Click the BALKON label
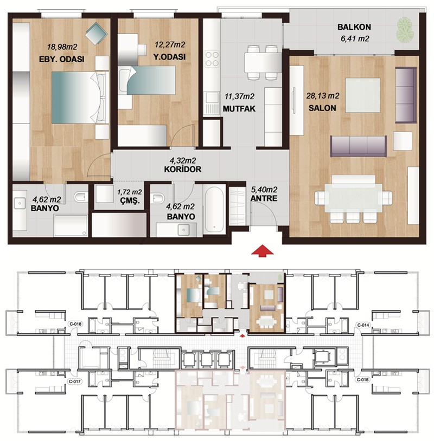coord(354,27)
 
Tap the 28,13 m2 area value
coord(323,96)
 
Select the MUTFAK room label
coord(239,108)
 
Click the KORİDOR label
coord(183,170)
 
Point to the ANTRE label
coord(264,198)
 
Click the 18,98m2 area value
coord(62,47)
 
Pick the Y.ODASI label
coord(170,57)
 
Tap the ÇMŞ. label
coord(130,201)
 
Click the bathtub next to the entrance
coord(214,209)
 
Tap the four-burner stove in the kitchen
coord(212,59)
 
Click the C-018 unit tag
coord(75,324)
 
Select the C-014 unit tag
coord(363,325)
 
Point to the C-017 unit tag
coord(75,381)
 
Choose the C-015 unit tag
coord(362,380)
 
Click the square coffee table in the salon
coord(362,95)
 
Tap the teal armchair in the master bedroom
coord(97,34)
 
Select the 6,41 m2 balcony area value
coord(355,38)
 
